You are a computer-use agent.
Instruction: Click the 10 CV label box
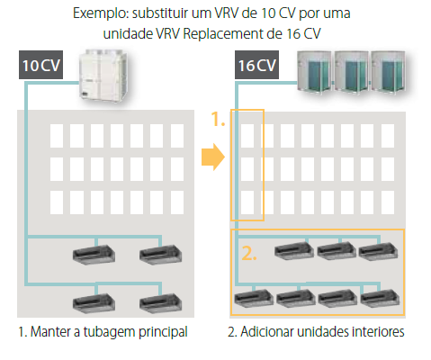pyautogui.click(x=40, y=65)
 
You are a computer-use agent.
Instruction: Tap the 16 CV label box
pyautogui.click(x=256, y=65)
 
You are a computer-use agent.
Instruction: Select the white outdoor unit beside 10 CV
pyautogui.click(x=103, y=76)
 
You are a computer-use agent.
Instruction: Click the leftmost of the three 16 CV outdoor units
pyautogui.click(x=314, y=71)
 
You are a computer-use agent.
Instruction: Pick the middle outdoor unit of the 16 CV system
pyautogui.click(x=351, y=71)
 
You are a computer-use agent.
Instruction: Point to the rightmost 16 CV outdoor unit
pyautogui.click(x=388, y=71)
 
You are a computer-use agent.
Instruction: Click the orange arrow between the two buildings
pyautogui.click(x=213, y=157)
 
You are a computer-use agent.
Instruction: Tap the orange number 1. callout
pyautogui.click(x=218, y=119)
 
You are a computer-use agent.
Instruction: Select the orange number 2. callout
pyautogui.click(x=249, y=254)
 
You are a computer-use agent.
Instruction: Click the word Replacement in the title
pyautogui.click(x=223, y=34)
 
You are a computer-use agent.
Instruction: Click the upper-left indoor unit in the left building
pyautogui.click(x=94, y=255)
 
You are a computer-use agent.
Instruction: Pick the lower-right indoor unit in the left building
pyautogui.click(x=160, y=303)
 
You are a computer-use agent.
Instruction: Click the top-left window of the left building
pyautogui.click(x=57, y=136)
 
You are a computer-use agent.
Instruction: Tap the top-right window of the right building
pyautogui.click(x=388, y=136)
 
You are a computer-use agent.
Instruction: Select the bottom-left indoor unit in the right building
pyautogui.click(x=254, y=298)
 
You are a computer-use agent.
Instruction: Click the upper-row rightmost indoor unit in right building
pyautogui.click(x=379, y=251)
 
